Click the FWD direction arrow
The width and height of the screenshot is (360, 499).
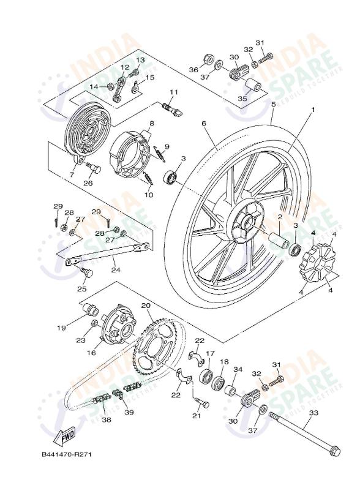pos(63,437)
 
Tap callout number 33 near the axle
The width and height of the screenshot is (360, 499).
pos(313,413)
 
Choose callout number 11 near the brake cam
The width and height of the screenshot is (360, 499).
pos(173,92)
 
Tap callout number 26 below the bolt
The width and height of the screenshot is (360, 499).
pos(88,182)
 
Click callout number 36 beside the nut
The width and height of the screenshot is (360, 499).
pos(193,70)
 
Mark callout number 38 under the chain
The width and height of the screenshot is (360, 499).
pos(106,421)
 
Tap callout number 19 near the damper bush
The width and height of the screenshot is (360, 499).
pos(62,328)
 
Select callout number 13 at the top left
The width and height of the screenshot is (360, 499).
pos(140,60)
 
